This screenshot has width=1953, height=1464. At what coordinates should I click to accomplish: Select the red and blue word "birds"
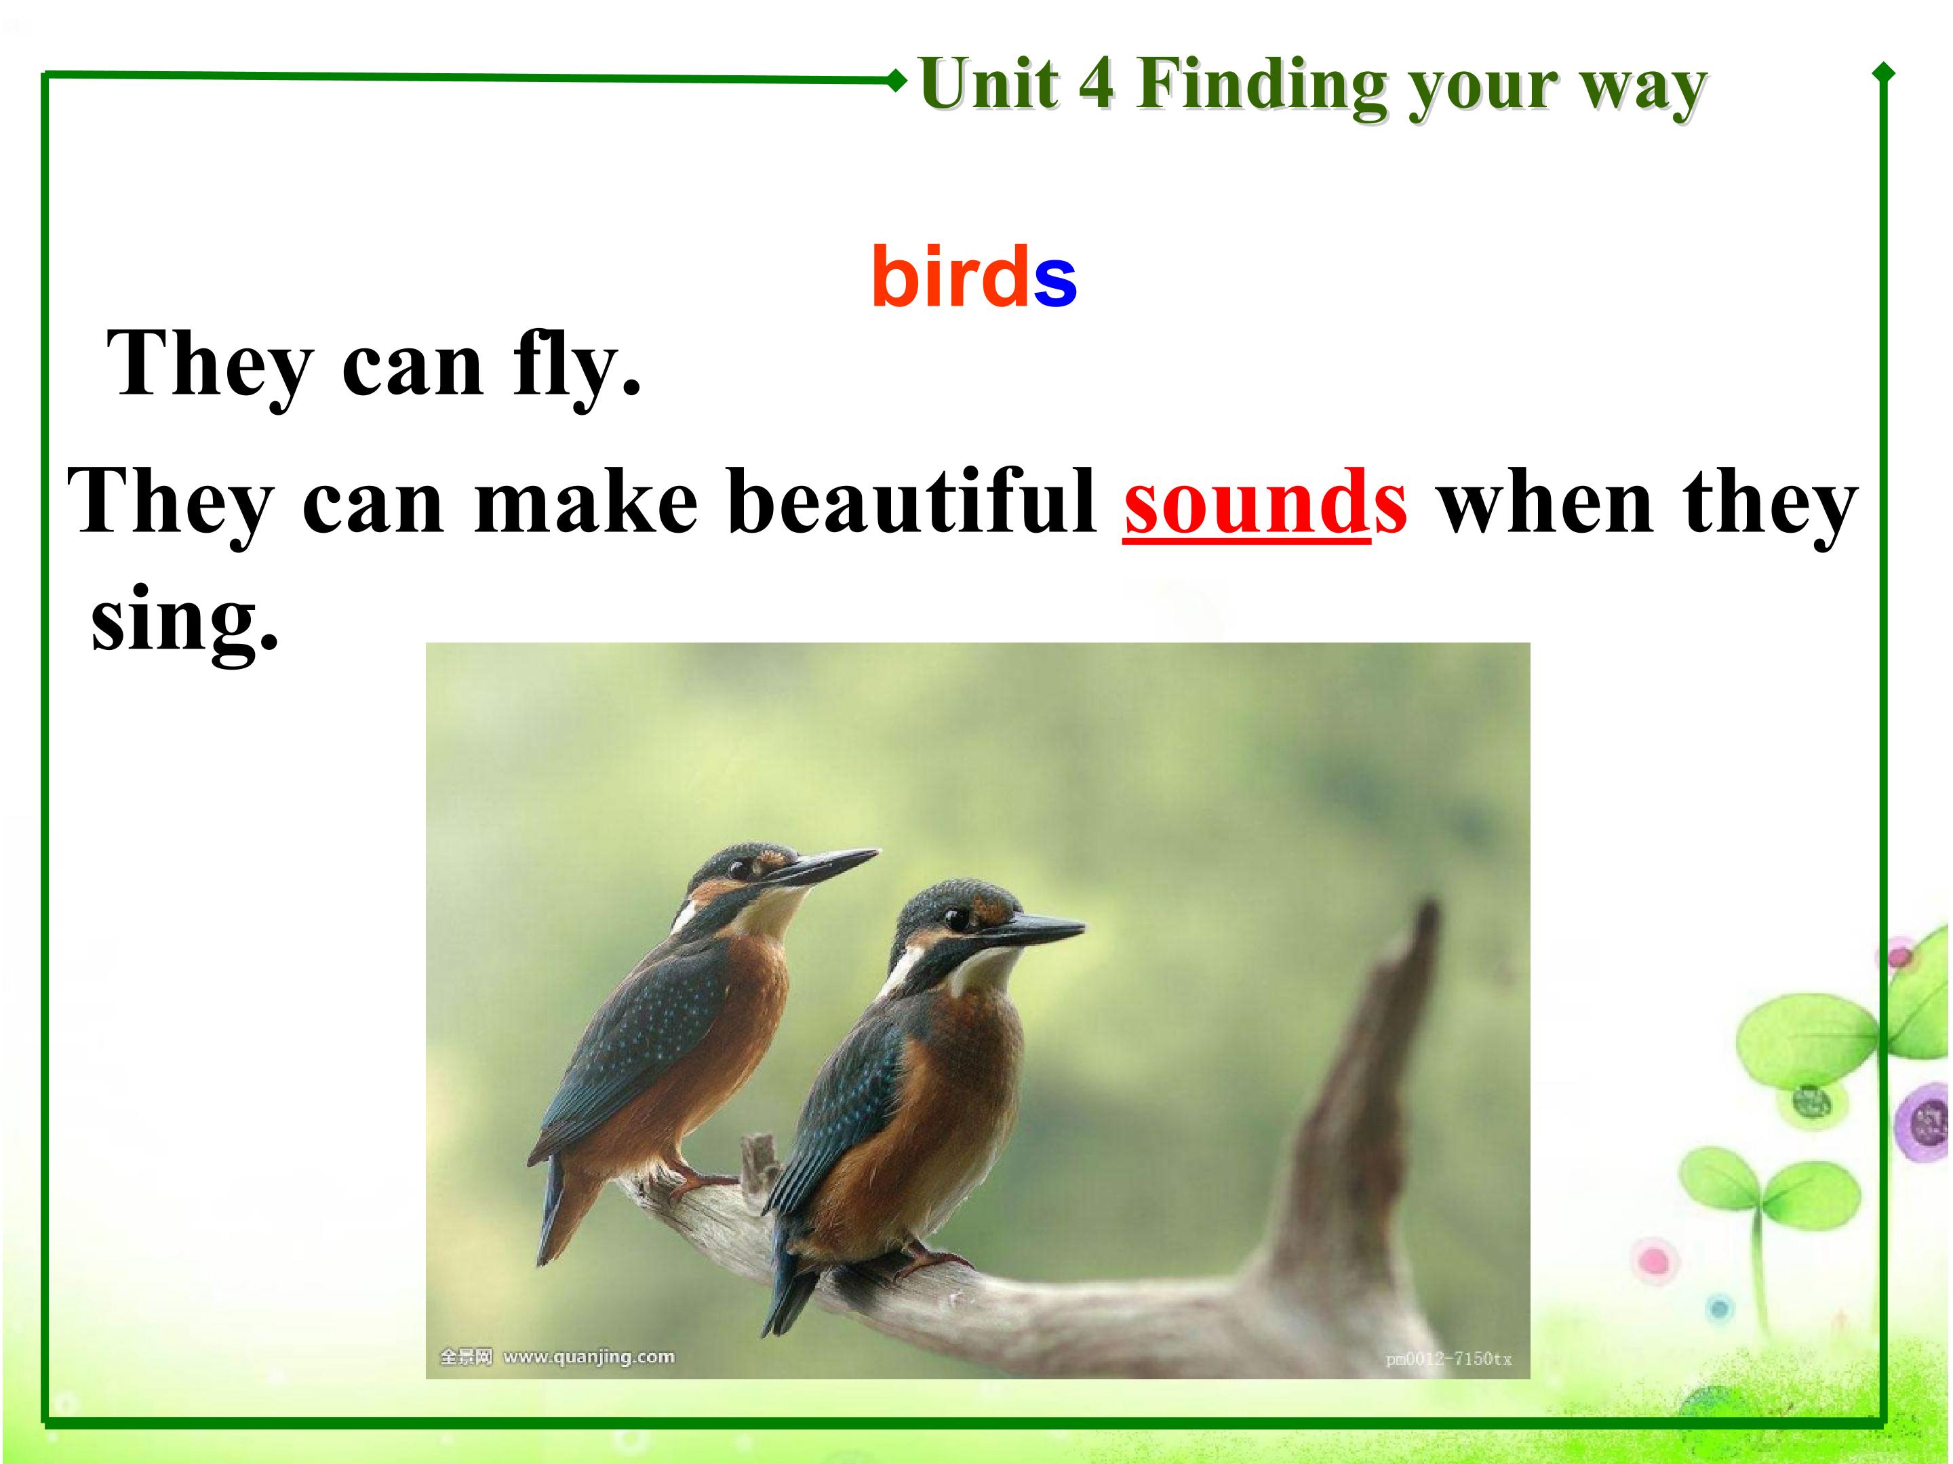[974, 277]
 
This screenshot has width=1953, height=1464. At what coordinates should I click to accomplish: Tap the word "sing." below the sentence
[184, 620]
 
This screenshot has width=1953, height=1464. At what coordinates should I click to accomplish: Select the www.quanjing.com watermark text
[588, 1356]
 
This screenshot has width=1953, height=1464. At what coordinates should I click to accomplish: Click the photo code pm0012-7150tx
[1448, 1359]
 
